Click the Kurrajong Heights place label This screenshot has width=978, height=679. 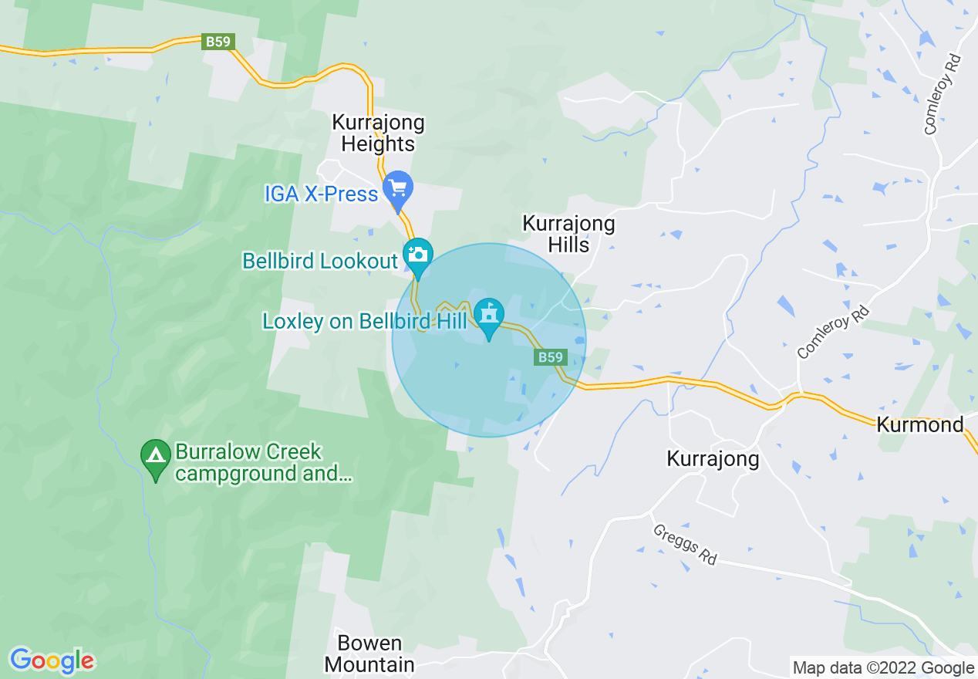tap(378, 133)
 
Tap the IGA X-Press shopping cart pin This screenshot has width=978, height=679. tap(398, 189)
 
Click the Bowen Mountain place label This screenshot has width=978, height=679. tap(369, 654)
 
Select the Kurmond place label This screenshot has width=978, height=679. tap(920, 424)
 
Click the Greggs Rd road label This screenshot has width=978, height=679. tap(685, 545)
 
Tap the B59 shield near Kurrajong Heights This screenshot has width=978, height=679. tap(218, 42)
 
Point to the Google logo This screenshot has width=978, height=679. tap(52, 660)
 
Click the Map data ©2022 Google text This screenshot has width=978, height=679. tap(883, 668)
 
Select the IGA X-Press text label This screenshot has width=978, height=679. tap(321, 194)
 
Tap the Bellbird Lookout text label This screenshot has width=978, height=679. tap(320, 261)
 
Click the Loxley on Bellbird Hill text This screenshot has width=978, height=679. tap(365, 321)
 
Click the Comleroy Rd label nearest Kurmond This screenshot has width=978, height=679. tap(833, 333)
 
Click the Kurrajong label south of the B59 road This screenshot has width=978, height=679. tap(713, 459)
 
